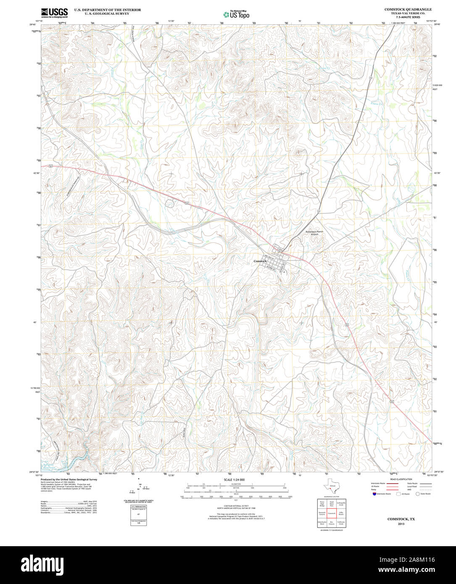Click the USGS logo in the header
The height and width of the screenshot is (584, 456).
click(x=54, y=13)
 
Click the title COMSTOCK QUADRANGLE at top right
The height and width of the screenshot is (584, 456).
click(x=408, y=9)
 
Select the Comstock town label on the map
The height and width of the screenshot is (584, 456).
click(x=260, y=261)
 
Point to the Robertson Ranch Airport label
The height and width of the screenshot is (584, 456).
click(x=314, y=233)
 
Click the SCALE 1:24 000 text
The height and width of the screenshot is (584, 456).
click(x=234, y=479)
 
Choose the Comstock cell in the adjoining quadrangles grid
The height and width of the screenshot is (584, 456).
click(x=332, y=513)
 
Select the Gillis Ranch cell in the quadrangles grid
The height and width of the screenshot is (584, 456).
click(x=341, y=513)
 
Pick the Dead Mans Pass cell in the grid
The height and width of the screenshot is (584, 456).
click(x=332, y=503)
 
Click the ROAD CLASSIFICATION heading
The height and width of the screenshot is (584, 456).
click(x=401, y=479)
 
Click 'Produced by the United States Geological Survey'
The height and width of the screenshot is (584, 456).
click(x=69, y=479)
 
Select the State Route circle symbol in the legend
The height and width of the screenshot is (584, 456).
click(x=418, y=494)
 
